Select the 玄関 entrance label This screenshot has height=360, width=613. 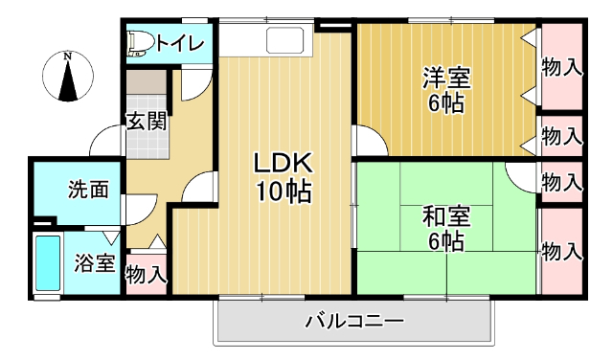tap(148, 122)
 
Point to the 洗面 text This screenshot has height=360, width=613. tap(87, 189)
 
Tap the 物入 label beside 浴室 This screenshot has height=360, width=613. tap(147, 276)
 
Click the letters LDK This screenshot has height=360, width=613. tap(283, 162)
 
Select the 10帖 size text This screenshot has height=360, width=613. tap(283, 192)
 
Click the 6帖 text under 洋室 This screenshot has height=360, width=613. tap(446, 103)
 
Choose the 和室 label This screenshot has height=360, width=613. tap(445, 215)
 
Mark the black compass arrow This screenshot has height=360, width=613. tap(68, 80)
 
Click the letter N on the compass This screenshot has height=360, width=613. tap(68, 56)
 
